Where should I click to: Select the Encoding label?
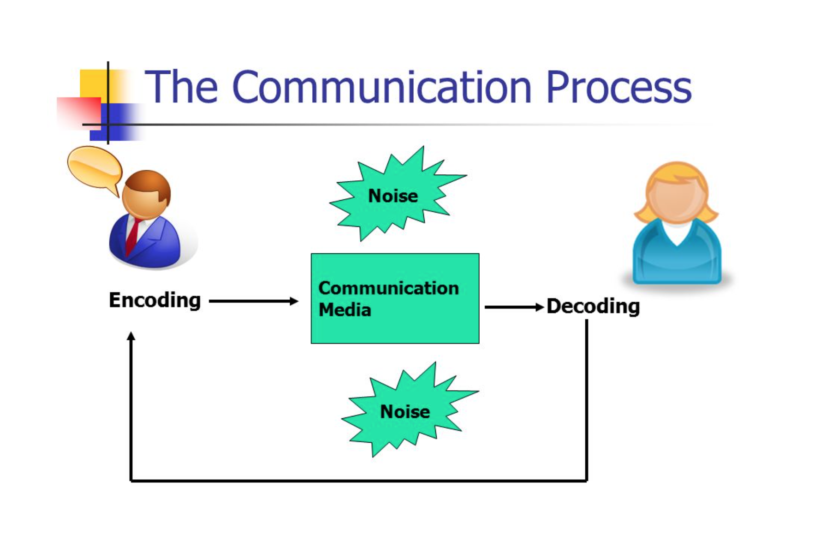coord(155,300)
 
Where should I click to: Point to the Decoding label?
coord(593,306)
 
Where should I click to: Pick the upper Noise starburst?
coord(393,196)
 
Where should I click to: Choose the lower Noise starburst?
coord(405,411)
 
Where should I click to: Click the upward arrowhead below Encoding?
coord(131,336)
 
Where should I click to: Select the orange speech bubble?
coord(94,167)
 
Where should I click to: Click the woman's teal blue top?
coord(676,258)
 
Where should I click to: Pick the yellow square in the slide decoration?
coord(92,83)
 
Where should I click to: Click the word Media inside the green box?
coord(345,310)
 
